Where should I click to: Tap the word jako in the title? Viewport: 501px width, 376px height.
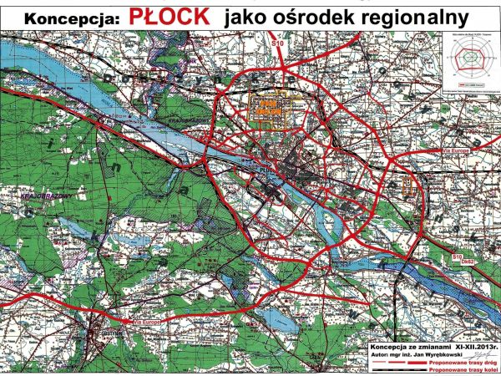pos(235,17)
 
